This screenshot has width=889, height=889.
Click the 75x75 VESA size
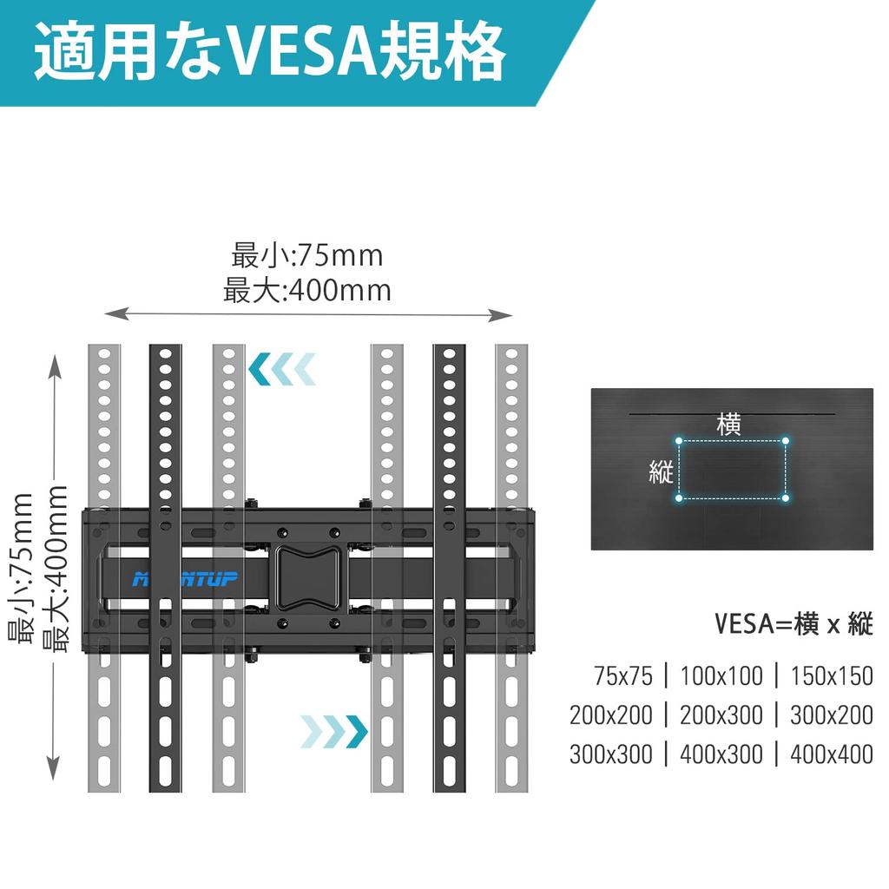(623, 675)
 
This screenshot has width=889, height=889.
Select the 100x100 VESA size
(722, 675)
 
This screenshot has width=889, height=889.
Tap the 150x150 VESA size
(832, 675)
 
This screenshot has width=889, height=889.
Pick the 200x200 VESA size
(611, 714)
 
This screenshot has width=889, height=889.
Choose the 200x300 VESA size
(722, 714)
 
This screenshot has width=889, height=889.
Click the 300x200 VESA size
(832, 714)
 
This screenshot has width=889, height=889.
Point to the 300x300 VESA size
(611, 754)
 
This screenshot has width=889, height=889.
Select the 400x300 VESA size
(722, 754)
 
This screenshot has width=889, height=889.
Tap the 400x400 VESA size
(832, 754)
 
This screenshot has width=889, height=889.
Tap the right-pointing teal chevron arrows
(334, 731)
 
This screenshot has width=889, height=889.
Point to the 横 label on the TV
(728, 425)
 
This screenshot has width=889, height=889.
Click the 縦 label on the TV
(662, 471)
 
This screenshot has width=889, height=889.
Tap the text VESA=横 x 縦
(794, 623)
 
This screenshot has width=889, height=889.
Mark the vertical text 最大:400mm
(56, 569)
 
